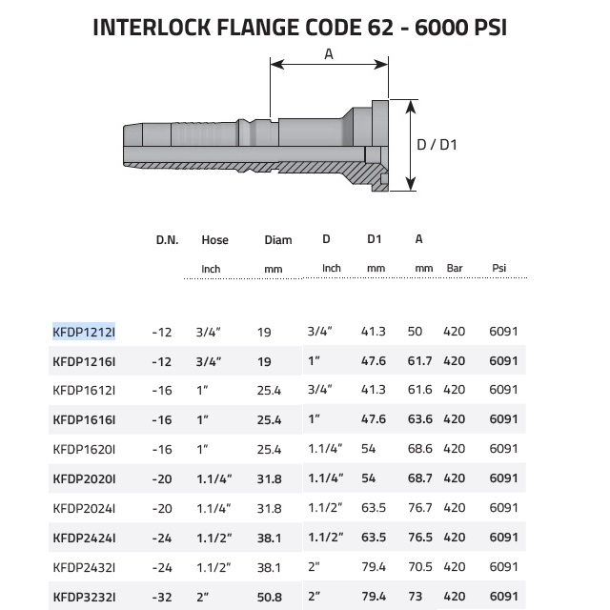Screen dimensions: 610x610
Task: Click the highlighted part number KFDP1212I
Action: click(84, 332)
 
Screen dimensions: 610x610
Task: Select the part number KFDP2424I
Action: click(84, 538)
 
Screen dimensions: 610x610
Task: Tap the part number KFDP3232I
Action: click(84, 597)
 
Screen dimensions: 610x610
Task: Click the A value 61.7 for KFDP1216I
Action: click(419, 360)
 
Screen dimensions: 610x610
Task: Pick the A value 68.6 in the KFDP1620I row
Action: click(419, 449)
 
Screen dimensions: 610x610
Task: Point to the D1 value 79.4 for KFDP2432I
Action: click(374, 567)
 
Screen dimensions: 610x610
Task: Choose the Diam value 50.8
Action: click(269, 597)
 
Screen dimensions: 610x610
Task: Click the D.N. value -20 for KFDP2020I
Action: click(162, 478)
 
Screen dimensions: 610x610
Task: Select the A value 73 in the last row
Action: click(416, 596)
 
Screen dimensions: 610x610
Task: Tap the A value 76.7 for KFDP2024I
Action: click(419, 508)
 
